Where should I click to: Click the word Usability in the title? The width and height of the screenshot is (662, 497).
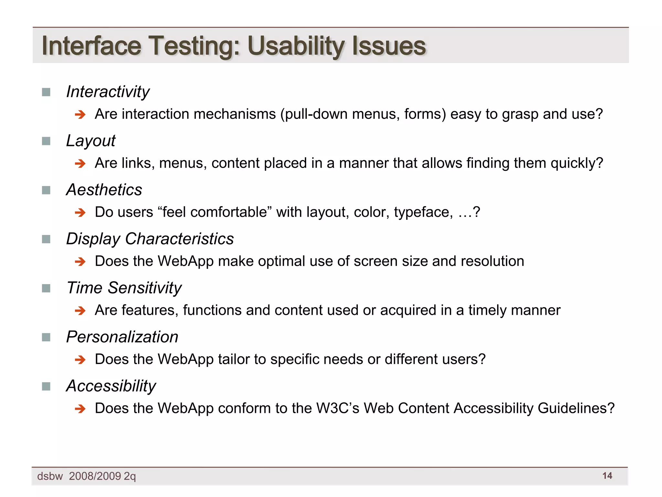(296, 46)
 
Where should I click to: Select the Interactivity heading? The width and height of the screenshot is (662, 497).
(108, 92)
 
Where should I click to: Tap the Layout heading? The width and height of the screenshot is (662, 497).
(91, 141)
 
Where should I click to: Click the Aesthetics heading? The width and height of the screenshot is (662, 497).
(104, 190)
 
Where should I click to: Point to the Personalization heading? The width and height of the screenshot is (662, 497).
(122, 337)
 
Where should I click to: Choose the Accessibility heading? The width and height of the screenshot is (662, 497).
(111, 386)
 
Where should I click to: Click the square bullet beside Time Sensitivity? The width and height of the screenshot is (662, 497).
(46, 288)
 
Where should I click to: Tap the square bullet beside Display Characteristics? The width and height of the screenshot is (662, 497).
(46, 239)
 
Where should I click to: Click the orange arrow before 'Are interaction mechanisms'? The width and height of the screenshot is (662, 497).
(80, 115)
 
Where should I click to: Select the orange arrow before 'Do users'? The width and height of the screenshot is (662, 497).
(80, 213)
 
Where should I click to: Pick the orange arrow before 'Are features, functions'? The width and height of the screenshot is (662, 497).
(80, 311)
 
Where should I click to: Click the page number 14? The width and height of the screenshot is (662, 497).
(607, 476)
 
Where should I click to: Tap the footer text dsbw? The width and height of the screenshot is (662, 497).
(50, 476)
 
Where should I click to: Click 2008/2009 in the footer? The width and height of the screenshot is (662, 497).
(95, 476)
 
